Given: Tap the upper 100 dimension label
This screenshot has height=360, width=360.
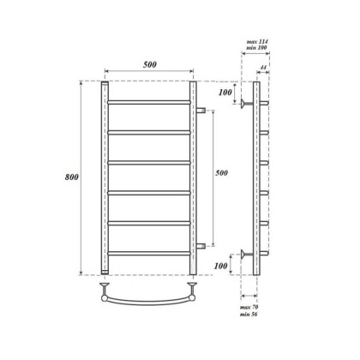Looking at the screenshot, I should coord(225,93).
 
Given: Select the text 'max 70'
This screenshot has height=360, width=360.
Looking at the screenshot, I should coord(249,305).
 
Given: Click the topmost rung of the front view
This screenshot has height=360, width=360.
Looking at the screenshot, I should coord(149,102).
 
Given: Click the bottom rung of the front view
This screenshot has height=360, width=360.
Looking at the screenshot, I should coord(149,252).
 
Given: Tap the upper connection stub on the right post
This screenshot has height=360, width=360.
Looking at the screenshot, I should coord(201,111).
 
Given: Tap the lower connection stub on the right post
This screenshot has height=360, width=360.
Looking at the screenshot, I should coord(201,246).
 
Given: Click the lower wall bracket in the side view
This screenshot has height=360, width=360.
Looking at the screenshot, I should coord(246,254).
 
